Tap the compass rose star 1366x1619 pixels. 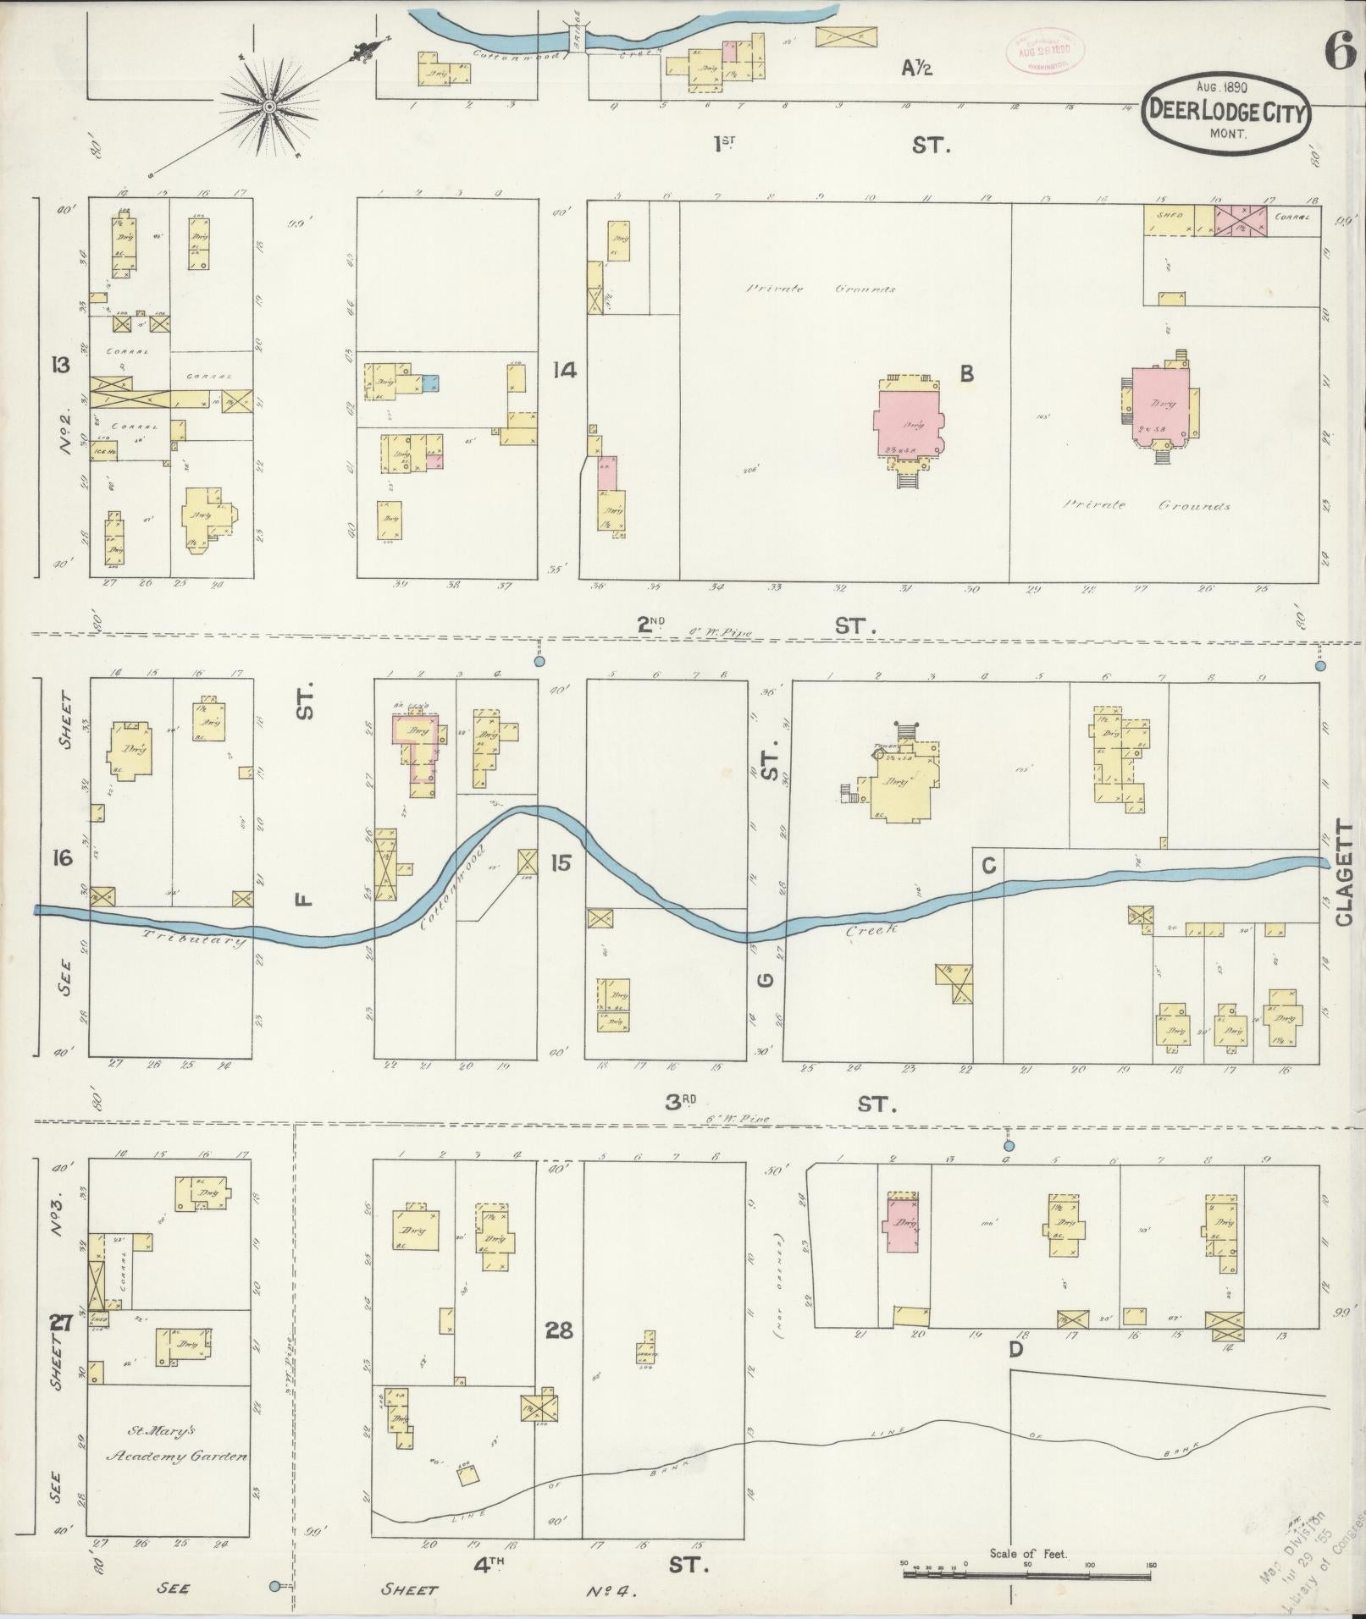[268, 107]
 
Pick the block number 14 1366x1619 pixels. [564, 370]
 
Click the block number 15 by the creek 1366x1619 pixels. [560, 862]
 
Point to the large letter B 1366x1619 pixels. [966, 372]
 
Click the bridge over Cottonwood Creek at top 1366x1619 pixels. [577, 40]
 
